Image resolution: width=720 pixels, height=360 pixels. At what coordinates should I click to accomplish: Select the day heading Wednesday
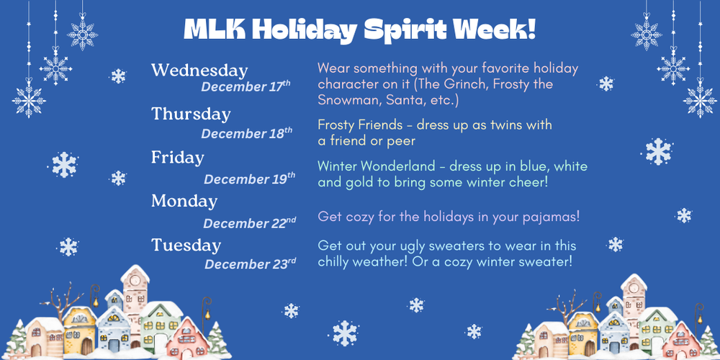tap(199, 71)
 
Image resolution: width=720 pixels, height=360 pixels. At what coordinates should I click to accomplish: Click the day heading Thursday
tap(191, 114)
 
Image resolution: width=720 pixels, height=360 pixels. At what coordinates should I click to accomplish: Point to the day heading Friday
tap(177, 157)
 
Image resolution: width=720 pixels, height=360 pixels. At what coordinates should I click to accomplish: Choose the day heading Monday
tap(184, 201)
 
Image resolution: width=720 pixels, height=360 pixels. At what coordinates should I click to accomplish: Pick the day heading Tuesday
tap(186, 245)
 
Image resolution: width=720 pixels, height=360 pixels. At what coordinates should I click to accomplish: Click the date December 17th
tap(246, 86)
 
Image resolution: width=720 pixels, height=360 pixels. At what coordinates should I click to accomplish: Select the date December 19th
tap(249, 179)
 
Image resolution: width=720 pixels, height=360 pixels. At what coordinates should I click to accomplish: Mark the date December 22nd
tap(249, 223)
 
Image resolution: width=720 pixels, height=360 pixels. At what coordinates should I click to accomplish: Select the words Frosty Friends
tap(360, 125)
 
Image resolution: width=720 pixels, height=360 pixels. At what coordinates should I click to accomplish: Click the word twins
tap(505, 125)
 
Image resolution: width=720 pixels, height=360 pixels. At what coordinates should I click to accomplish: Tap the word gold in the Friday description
tap(358, 182)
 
